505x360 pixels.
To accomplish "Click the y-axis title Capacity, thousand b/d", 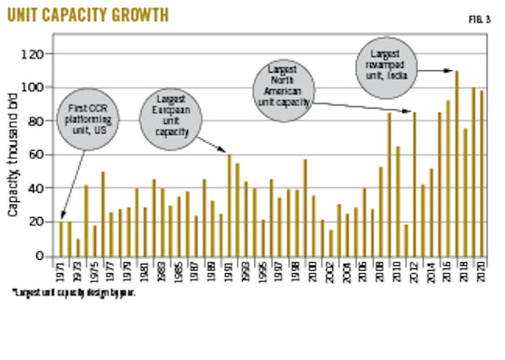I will [x=15, y=156].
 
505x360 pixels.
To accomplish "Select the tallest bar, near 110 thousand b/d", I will [x=457, y=163].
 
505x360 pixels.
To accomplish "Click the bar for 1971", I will [x=62, y=239].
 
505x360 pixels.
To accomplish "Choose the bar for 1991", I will [x=230, y=205].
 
